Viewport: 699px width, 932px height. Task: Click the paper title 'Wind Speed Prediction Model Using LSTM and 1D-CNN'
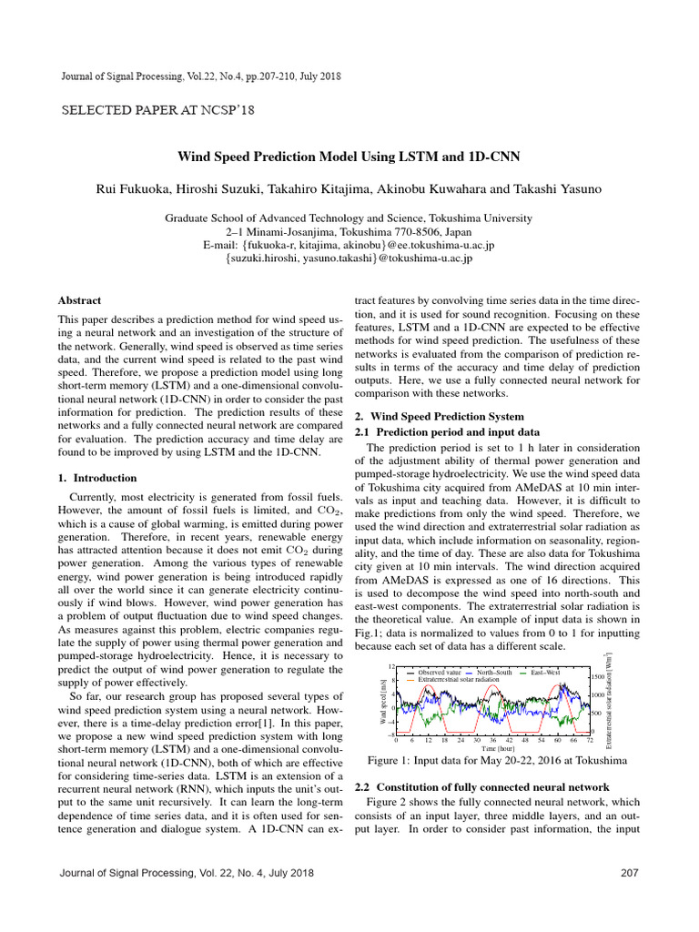[x=349, y=157]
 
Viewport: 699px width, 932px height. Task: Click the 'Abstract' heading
[x=79, y=299]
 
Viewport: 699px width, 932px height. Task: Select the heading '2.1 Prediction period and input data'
[x=452, y=431]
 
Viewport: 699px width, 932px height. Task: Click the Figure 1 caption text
[x=492, y=760]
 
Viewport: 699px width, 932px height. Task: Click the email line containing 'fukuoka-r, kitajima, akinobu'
[x=349, y=246]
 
